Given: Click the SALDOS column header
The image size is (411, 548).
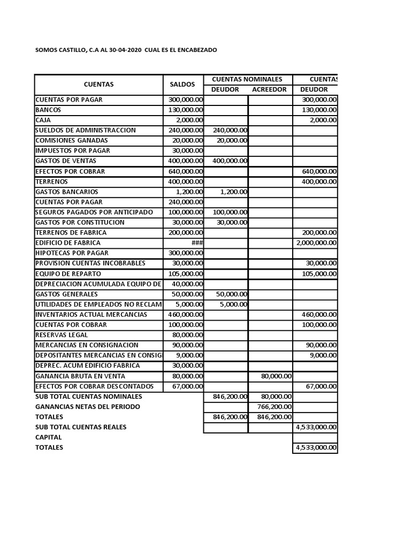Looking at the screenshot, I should pos(182,85).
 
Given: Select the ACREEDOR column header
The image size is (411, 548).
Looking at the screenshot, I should pos(269,89).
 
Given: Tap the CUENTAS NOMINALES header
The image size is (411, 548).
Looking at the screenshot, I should pos(247,79).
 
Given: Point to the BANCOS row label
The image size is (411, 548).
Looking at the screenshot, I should pos(48,110).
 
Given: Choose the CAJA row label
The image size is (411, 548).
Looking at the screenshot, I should pos(43,120).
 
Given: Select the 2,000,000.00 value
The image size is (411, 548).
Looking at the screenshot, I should pos(316,243).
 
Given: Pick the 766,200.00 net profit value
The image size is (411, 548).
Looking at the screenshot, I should pos(274,407).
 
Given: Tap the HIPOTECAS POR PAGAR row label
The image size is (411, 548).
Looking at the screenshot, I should pos(72,253).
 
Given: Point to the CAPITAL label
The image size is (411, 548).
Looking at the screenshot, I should pos(49,437).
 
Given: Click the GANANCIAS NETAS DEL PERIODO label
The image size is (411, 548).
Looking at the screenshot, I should pos(87,407).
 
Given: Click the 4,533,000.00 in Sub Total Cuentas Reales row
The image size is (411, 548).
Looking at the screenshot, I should pos(316,427).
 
